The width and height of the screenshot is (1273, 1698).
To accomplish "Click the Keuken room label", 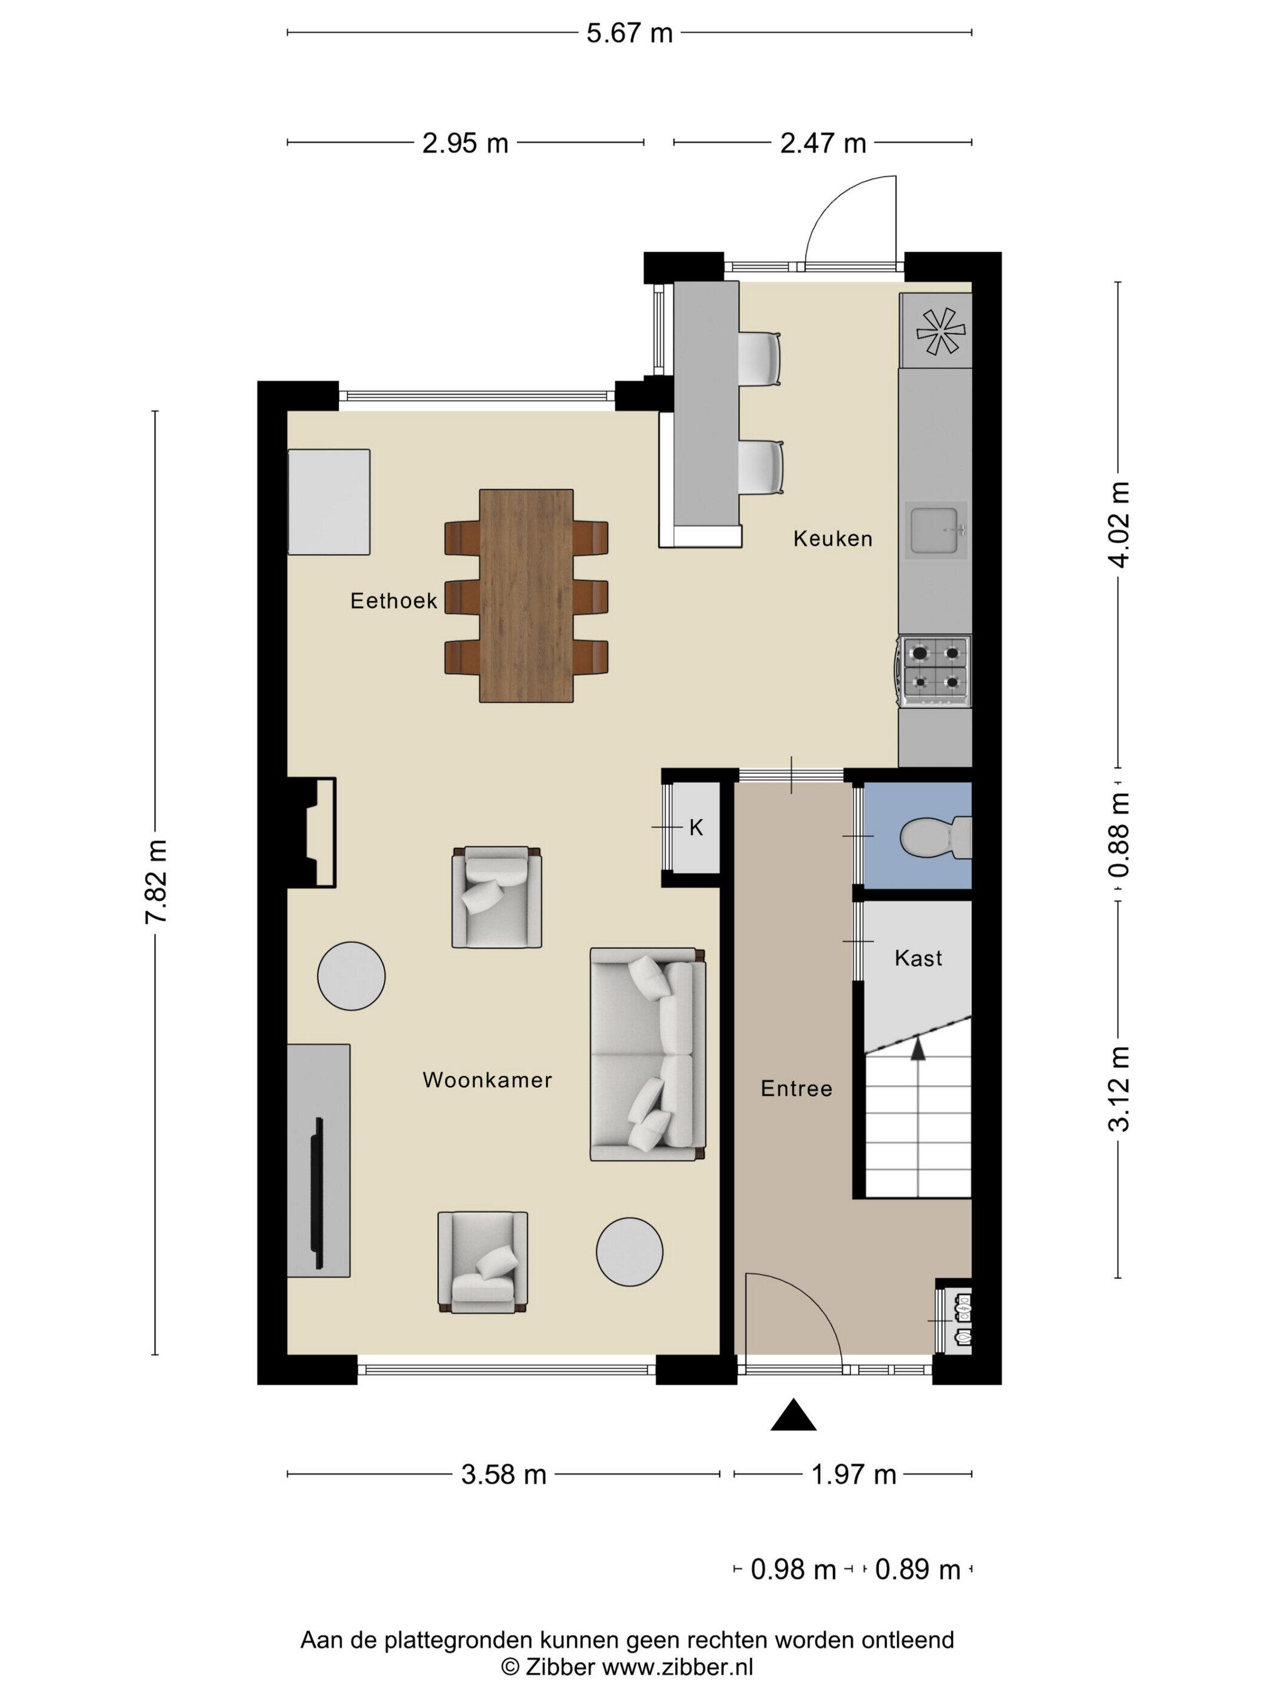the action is point(832,539).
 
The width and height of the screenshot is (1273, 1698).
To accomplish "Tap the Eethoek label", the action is point(393,600).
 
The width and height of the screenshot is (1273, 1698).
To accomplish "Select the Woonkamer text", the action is point(487,1080).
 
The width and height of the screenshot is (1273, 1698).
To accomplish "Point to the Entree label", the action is point(797,1089).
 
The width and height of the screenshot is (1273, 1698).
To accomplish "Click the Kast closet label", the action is point(918,958).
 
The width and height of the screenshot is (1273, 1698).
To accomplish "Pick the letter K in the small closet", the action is point(696,828).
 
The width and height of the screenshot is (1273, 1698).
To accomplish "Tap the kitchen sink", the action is point(935,529).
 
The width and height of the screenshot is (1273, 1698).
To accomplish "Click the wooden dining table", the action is point(526,596).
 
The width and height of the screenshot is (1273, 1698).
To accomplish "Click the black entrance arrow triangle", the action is point(794,1414).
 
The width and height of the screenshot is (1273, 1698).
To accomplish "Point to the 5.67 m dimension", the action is point(629,33).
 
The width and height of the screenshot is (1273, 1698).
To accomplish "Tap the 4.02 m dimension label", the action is point(1119,525).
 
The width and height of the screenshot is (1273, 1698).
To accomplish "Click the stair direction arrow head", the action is point(917,1047).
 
